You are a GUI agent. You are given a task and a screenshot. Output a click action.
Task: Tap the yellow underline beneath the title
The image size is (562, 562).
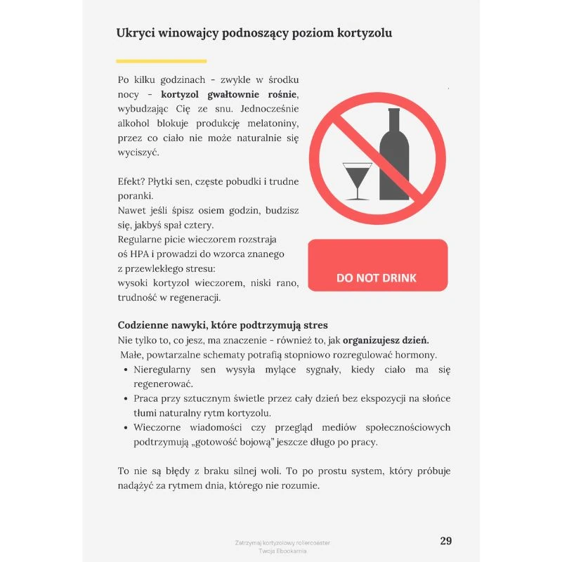(x=151, y=61)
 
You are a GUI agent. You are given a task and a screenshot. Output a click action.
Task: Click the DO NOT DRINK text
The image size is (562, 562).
(x=377, y=277)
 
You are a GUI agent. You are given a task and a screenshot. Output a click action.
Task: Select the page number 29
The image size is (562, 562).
(x=445, y=540)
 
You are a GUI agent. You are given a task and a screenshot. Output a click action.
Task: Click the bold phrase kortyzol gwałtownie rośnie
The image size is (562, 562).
(x=229, y=94)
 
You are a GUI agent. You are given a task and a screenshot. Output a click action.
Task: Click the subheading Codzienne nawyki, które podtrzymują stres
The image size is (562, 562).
(x=222, y=325)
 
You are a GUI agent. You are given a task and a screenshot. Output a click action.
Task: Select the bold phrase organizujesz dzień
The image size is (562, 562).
(x=386, y=340)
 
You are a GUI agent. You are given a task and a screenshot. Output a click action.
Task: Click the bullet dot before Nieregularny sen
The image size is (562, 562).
(x=125, y=370)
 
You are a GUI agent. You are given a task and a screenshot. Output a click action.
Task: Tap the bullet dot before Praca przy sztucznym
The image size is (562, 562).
(x=125, y=398)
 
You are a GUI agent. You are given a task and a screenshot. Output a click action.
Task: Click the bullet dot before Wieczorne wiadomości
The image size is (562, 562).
(x=125, y=427)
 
